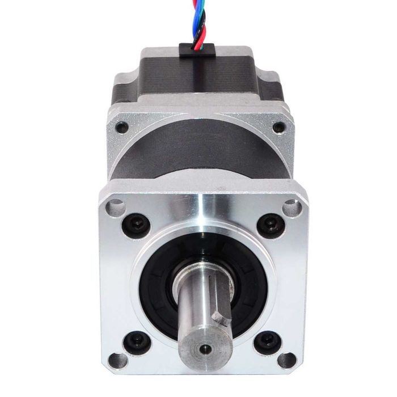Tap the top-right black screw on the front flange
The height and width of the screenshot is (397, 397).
(271, 225)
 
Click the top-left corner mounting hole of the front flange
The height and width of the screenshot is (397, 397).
(115, 206)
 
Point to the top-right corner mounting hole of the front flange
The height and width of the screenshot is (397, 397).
(293, 208)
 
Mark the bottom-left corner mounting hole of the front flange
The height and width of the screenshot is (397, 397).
(118, 360)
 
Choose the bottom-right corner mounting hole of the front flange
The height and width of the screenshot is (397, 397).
(286, 360)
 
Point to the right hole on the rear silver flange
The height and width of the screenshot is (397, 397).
(278, 128)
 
